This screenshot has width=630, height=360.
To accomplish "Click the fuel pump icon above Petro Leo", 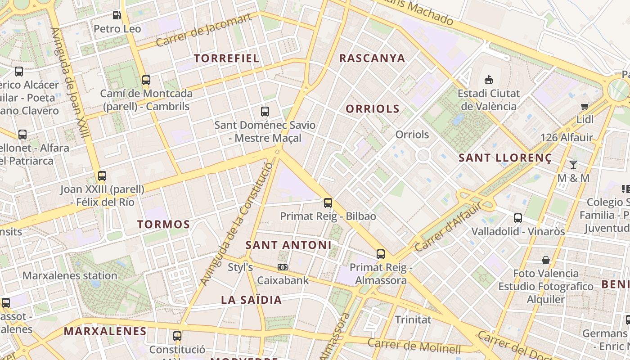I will (117, 15).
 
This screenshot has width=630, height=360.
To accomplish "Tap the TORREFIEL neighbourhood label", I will (226, 58).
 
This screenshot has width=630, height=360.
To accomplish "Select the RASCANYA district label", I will (372, 58).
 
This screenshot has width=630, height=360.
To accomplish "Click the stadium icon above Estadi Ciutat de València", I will (488, 80).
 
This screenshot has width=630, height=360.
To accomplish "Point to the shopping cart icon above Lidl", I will (585, 107).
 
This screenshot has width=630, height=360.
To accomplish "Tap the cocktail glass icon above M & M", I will (573, 165).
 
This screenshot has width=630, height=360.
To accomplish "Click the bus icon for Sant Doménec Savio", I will (265, 112).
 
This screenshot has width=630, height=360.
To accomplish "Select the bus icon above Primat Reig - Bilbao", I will (328, 203).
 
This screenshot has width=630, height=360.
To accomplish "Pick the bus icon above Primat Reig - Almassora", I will (381, 254).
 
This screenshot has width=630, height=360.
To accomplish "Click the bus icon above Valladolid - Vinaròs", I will (518, 218).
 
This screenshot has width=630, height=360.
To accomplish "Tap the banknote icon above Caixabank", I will (283, 267).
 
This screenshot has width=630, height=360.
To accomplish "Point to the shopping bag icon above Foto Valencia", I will (546, 260).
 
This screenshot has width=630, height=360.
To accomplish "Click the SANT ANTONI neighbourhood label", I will (288, 245).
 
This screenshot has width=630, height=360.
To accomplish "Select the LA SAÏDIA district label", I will (251, 300).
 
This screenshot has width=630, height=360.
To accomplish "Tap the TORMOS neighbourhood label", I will (163, 224).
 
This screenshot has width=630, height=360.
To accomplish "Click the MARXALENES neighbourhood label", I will (105, 332).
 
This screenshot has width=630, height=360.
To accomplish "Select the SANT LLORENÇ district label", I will (505, 158).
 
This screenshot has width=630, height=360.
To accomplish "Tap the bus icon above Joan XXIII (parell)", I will (102, 176).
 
